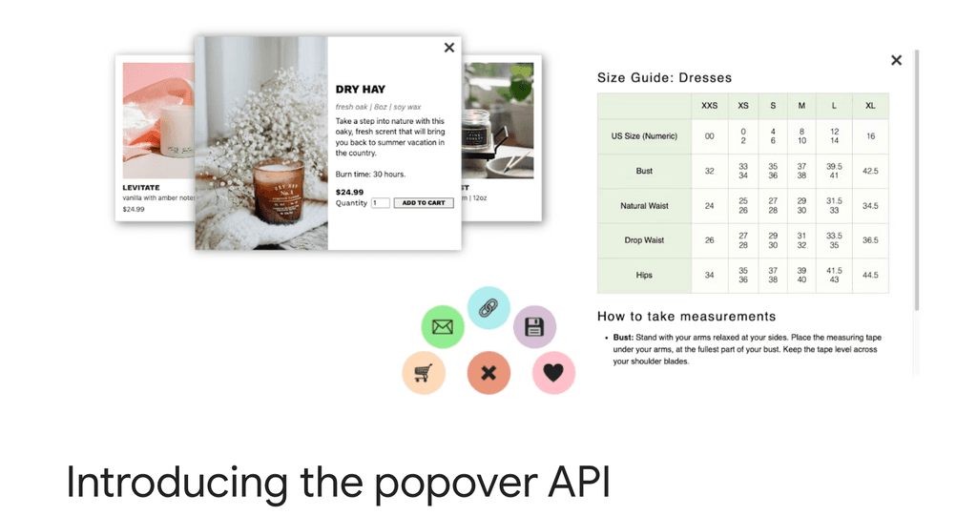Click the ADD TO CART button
point(424,203)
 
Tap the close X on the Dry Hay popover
point(449,48)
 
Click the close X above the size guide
point(896,60)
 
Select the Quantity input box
point(380,203)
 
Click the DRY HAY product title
point(361,90)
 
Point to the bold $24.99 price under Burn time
point(349,192)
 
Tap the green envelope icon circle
point(442,327)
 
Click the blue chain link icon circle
point(488,307)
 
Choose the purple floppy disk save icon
point(534,327)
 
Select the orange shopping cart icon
point(424,373)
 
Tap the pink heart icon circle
point(553,373)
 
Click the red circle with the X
point(488,373)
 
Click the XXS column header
point(709,106)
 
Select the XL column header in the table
point(870,106)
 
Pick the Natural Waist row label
point(644,206)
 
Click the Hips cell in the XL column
point(870,276)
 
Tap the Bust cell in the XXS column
point(709,172)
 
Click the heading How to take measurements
point(686,316)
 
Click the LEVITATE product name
point(141,188)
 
